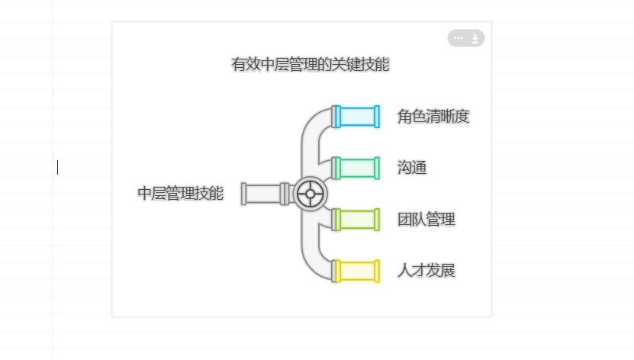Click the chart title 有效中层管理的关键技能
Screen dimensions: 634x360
coord(310,65)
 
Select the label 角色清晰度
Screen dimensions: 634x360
coord(433,117)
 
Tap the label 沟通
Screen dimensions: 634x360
coord(412,168)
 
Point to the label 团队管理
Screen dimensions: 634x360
coord(426,220)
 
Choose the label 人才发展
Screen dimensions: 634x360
coord(426,271)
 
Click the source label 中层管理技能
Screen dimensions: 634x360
coord(180,194)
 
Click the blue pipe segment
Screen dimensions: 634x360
coord(357,117)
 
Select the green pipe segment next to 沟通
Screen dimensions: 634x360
coord(357,168)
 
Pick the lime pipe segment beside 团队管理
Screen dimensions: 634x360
coord(357,220)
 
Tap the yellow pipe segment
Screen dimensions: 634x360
coord(357,271)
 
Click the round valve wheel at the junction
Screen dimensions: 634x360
coord(310,194)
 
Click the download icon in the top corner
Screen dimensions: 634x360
coord(475,38)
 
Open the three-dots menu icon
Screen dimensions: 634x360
coord(458,38)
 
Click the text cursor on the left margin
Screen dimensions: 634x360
coord(57,167)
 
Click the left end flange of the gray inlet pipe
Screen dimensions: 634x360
coord(243,194)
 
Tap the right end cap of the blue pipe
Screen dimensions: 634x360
coord(377,117)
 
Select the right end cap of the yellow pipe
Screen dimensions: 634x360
coord(377,271)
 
